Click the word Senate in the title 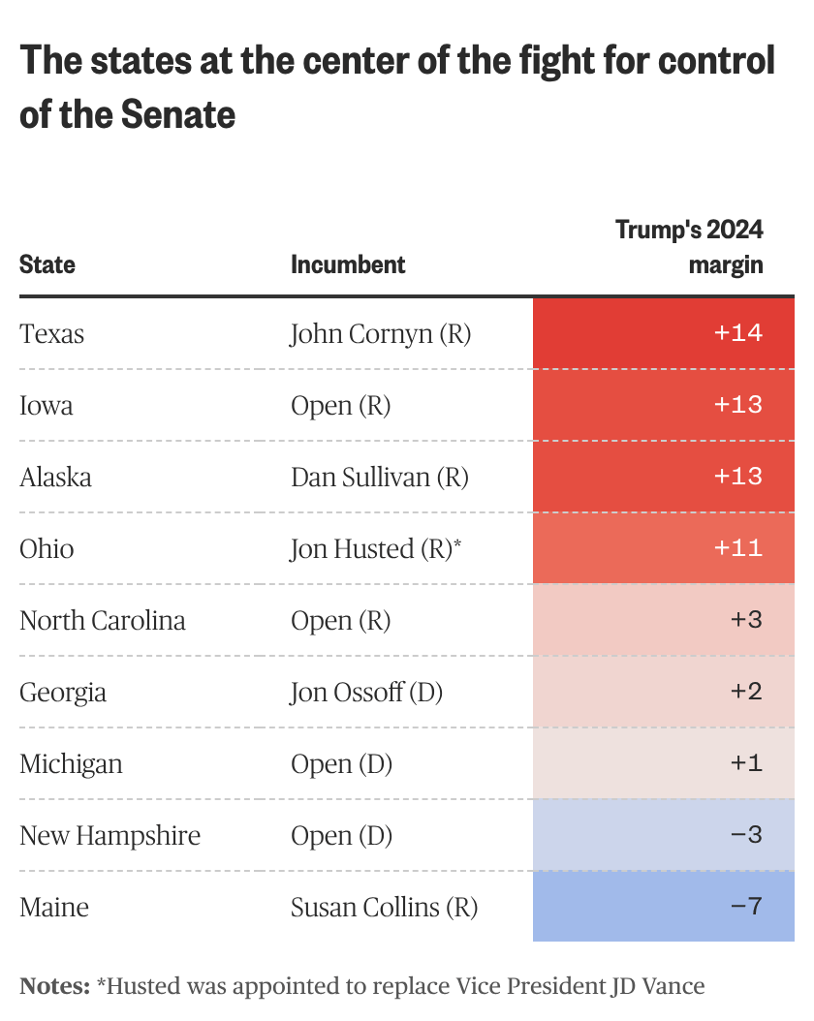coord(178,114)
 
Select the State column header coord(47,264)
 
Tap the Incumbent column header coord(348,264)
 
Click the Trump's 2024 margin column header coord(690,247)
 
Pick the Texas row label coord(52,334)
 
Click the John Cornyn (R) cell coord(381,334)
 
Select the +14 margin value coord(738,334)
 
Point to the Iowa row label coord(47,406)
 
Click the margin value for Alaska coord(738,478)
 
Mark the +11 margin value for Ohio coord(738,549)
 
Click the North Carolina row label coord(103,621)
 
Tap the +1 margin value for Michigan coord(746,764)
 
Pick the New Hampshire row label coord(110,836)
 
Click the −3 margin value coord(746,836)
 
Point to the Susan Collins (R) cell coord(385,908)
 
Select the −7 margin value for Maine coord(746,908)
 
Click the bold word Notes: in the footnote coord(55,987)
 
